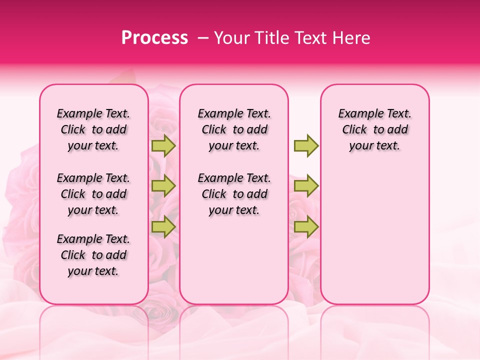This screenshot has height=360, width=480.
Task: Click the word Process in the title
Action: point(154,38)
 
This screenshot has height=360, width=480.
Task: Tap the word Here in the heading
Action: point(350,38)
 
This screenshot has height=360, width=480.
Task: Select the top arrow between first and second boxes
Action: point(163,145)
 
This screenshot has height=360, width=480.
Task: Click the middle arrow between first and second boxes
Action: point(163,186)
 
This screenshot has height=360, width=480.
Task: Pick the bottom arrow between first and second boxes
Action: point(163,226)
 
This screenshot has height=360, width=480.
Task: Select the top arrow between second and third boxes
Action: point(306,145)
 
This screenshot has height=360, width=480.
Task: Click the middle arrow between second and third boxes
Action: point(306,186)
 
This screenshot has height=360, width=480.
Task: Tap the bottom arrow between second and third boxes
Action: point(306,226)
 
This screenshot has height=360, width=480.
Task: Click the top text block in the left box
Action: point(93,129)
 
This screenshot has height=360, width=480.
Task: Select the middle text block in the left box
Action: point(93,194)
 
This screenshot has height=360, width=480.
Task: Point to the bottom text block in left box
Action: point(93,255)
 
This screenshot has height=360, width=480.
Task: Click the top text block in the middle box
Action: point(234,129)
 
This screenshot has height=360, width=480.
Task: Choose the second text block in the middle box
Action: point(234,194)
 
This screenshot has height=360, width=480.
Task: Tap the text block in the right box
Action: point(374,129)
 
